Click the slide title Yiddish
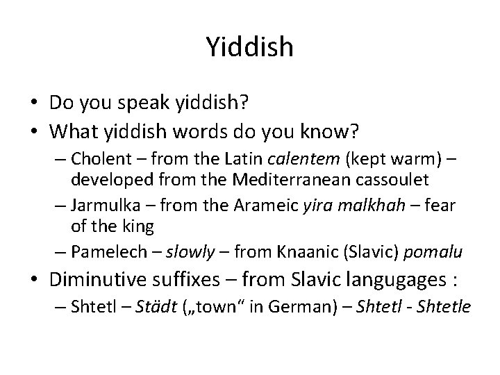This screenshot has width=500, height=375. point(250,47)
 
